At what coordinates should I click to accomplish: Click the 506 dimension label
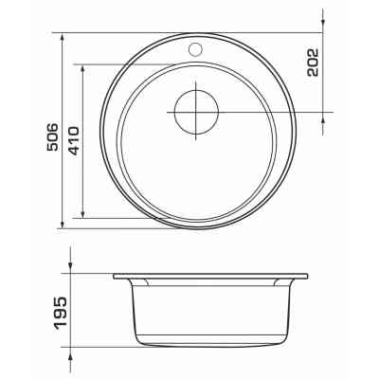pyautogui.click(x=53, y=136)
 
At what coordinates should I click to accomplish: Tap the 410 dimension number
pyautogui.click(x=73, y=141)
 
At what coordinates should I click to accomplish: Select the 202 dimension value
pyautogui.click(x=313, y=63)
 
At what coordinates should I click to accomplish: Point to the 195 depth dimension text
pyautogui.click(x=61, y=313)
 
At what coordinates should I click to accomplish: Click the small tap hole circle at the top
pyautogui.click(x=195, y=49)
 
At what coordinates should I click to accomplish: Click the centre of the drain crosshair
pyautogui.click(x=196, y=112)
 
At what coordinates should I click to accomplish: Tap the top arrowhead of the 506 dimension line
pyautogui.click(x=63, y=37)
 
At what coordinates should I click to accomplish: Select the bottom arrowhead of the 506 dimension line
pyautogui.click(x=63, y=224)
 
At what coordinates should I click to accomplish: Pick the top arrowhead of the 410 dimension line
pyautogui.click(x=82, y=69)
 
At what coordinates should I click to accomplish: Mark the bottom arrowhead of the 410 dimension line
pyautogui.click(x=82, y=213)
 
